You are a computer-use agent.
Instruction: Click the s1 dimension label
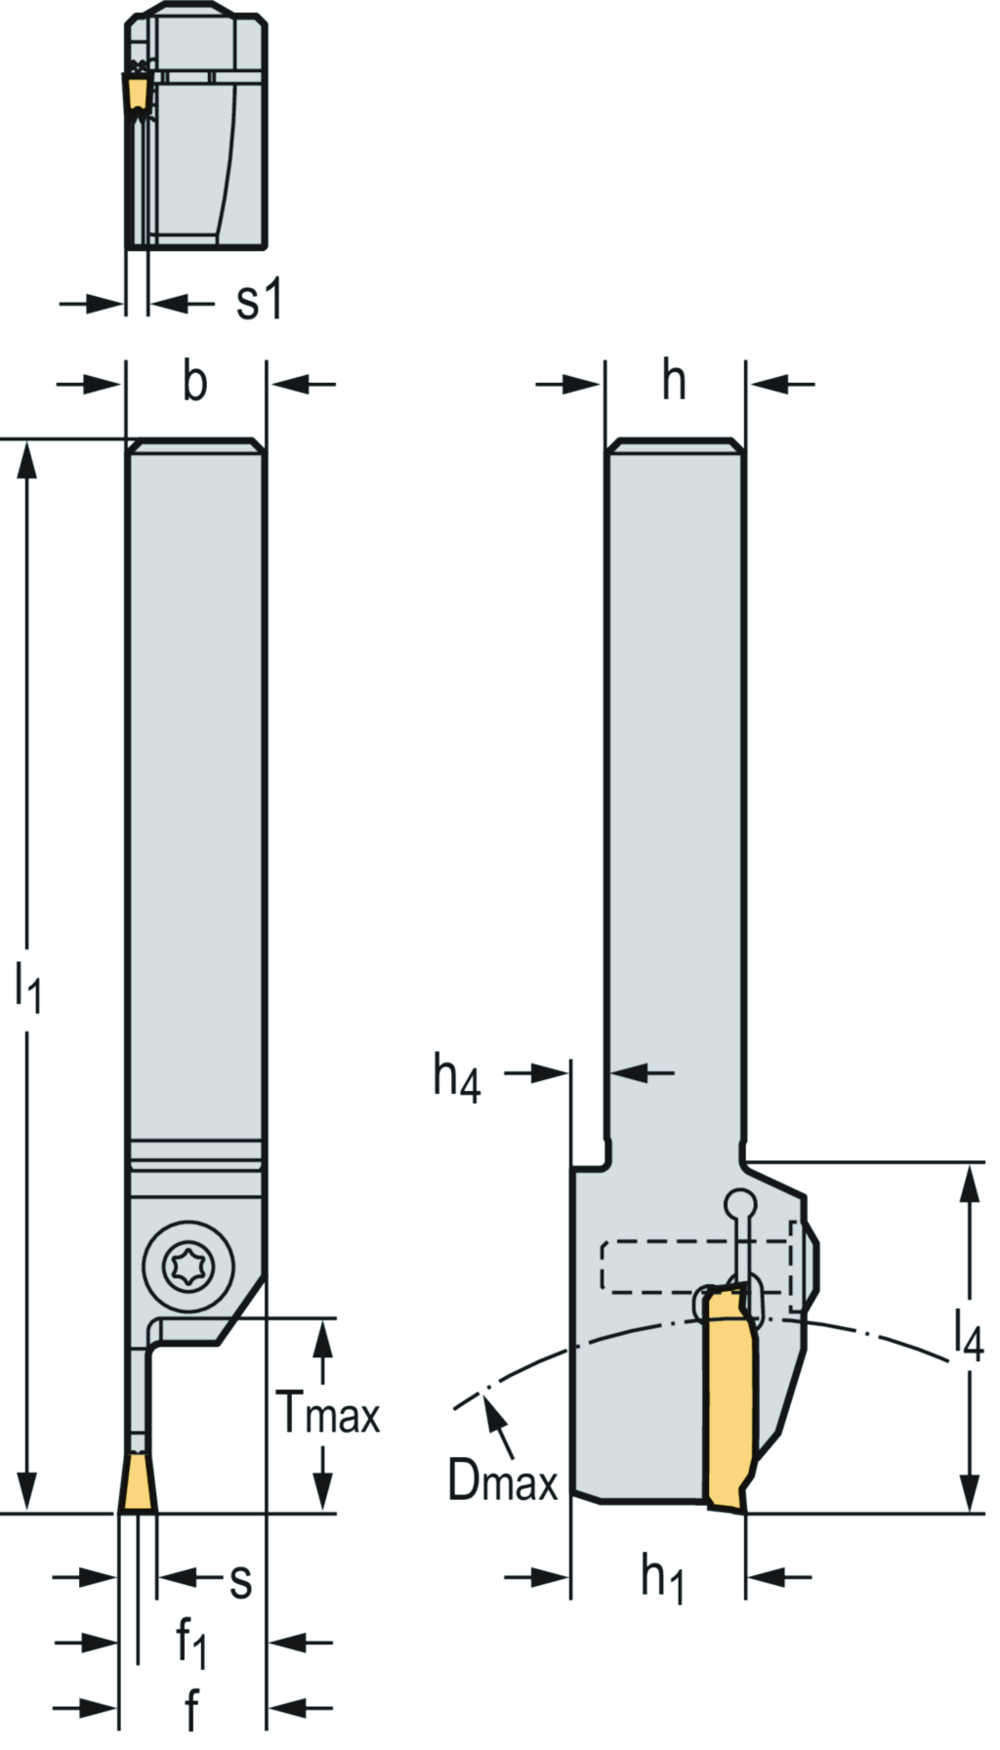pos(259,300)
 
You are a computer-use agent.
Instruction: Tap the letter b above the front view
pos(195,382)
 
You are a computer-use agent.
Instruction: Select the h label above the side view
pos(674,380)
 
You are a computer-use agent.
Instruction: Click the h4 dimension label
pos(457,1078)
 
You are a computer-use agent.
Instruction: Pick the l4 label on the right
pos(968,1334)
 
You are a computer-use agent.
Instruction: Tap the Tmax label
pos(328,1412)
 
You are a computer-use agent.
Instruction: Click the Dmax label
pos(502,1480)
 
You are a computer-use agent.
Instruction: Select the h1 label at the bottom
pos(662,1577)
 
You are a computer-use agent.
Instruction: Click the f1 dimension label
pos(191,1643)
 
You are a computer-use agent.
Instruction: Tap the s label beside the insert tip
pos(240,1579)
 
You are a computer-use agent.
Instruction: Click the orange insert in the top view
pos(136,92)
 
